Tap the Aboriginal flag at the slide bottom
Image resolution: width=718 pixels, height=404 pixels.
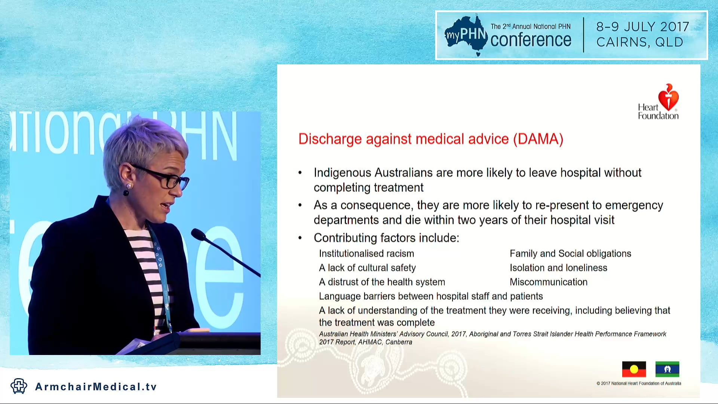click(x=634, y=369)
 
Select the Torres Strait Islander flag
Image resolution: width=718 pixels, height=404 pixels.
click(x=667, y=369)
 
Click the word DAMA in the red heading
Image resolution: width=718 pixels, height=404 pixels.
click(x=538, y=139)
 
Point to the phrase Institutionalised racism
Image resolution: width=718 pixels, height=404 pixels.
click(x=366, y=254)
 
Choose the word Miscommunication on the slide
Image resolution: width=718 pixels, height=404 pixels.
click(x=548, y=282)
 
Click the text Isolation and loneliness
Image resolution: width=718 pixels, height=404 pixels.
click(x=558, y=268)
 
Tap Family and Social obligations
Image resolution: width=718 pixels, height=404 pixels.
click(x=570, y=254)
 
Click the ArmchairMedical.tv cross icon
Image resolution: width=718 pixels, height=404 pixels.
click(x=19, y=386)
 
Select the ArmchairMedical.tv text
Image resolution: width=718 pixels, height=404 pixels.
click(x=96, y=387)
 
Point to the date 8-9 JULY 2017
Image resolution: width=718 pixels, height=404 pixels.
click(x=642, y=27)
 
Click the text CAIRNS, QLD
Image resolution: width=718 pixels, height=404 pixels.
click(x=639, y=42)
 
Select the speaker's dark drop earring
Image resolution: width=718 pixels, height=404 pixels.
click(x=126, y=193)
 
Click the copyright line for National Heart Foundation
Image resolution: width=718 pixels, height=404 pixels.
click(x=639, y=383)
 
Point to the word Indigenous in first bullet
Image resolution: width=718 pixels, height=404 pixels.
click(x=342, y=173)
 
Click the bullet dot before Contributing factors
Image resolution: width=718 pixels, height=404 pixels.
click(x=300, y=238)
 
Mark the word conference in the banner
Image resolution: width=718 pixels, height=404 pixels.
click(x=530, y=40)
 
